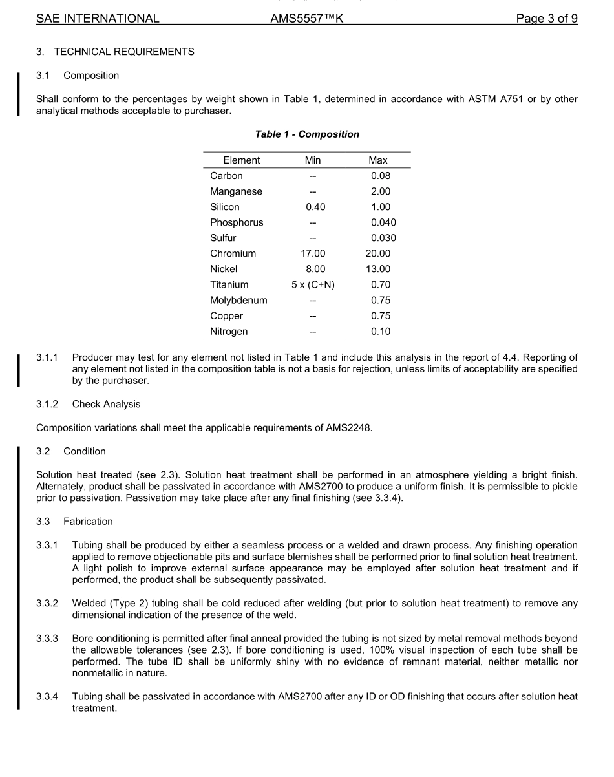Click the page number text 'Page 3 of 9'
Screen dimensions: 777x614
546,18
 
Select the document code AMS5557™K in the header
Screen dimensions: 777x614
307,18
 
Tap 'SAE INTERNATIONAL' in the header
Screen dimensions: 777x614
98,18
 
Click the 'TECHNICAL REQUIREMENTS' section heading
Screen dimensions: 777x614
124,52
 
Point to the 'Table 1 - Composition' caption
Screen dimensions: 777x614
307,134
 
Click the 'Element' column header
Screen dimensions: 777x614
241,160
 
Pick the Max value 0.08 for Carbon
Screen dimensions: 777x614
381,176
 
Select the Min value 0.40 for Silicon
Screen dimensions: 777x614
313,207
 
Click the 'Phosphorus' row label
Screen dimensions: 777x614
237,222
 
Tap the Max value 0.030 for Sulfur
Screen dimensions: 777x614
383,238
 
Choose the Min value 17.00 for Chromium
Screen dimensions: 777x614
313,253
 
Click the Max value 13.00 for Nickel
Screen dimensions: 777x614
378,269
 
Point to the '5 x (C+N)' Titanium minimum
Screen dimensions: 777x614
313,284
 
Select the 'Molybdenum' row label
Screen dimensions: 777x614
238,301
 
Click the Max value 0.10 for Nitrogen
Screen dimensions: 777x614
381,332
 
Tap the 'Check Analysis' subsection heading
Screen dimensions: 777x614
106,404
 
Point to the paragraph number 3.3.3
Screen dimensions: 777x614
47,639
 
